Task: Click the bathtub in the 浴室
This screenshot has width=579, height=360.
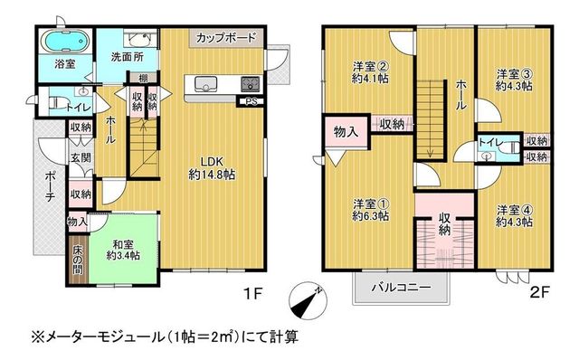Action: tap(64, 41)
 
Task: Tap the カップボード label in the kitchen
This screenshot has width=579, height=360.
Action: tap(226, 38)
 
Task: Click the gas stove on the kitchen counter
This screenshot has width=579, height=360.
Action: tap(251, 84)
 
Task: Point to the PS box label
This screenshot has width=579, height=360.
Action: tap(252, 102)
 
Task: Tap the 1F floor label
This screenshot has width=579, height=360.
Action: tap(253, 294)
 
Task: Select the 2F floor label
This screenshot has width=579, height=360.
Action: tap(540, 293)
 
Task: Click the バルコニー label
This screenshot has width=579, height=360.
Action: tap(401, 287)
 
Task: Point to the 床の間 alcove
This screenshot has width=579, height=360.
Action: tap(78, 259)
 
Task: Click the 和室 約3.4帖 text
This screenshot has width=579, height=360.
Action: tap(123, 250)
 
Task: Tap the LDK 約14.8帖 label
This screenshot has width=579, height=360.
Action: tap(212, 167)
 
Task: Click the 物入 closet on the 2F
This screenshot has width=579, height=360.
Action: tap(346, 131)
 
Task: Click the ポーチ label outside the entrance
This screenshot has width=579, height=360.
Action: tap(50, 186)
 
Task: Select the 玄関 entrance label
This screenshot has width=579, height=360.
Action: tap(81, 157)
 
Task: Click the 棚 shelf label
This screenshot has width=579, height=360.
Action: tap(143, 79)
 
